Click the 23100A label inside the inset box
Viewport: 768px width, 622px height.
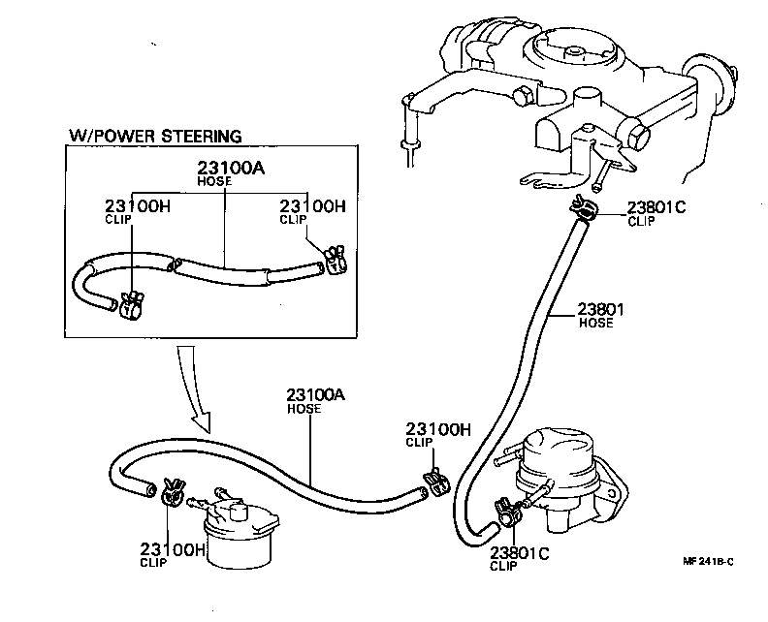click(230, 168)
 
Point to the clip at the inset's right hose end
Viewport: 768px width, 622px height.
click(335, 258)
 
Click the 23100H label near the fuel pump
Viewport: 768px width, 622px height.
click(438, 429)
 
